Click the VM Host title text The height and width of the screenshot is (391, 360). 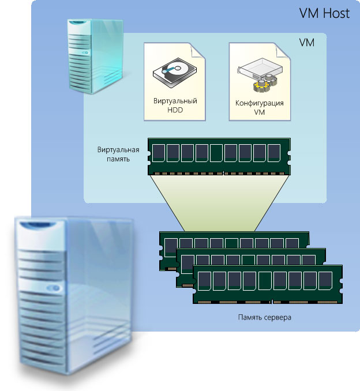tap(324, 13)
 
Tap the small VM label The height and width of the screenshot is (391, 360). tap(307, 43)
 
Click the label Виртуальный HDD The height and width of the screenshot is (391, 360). tap(175, 105)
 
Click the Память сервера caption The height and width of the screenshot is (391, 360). tap(264, 317)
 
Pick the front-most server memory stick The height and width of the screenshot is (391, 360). tap(268, 284)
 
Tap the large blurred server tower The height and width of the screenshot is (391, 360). tap(75, 294)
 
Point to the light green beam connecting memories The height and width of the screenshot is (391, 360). tap(219, 202)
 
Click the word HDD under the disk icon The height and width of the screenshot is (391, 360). tap(175, 109)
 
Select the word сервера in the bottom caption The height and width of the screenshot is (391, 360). tap(276, 317)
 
